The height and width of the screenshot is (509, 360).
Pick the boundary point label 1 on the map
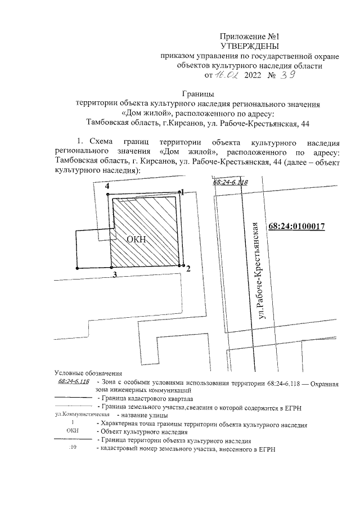coord(182,192)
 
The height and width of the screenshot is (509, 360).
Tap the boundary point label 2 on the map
coord(188,269)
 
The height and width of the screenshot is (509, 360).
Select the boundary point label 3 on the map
coord(114,274)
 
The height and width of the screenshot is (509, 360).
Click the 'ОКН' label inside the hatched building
coord(136,240)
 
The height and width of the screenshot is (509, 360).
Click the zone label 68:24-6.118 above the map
coord(231,183)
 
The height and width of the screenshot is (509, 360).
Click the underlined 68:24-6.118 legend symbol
coord(74,381)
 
